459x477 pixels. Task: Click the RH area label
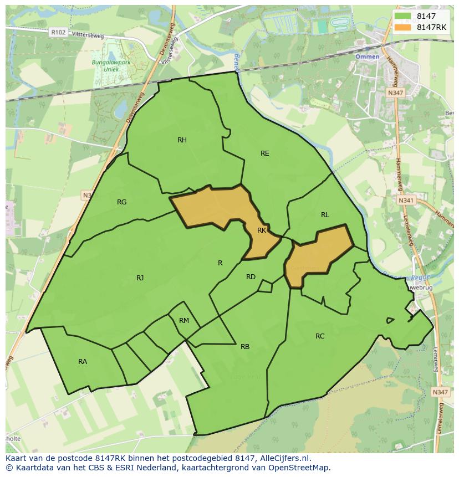(x=182, y=140)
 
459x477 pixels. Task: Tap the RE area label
(x=265, y=153)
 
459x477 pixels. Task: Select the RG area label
(x=122, y=202)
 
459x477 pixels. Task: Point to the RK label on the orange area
(x=262, y=230)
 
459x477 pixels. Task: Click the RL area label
(x=325, y=215)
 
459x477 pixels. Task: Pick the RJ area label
(x=140, y=278)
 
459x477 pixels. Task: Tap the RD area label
(x=251, y=277)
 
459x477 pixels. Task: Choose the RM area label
(x=184, y=321)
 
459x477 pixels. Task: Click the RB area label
(x=245, y=347)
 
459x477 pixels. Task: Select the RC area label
(x=320, y=336)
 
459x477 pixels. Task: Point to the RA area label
(x=83, y=362)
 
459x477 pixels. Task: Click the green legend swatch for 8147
(x=404, y=16)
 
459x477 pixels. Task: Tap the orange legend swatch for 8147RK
(x=404, y=27)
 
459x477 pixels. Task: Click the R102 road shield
(x=58, y=33)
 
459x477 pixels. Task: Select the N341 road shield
(x=406, y=200)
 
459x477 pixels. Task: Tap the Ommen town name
(x=367, y=57)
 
